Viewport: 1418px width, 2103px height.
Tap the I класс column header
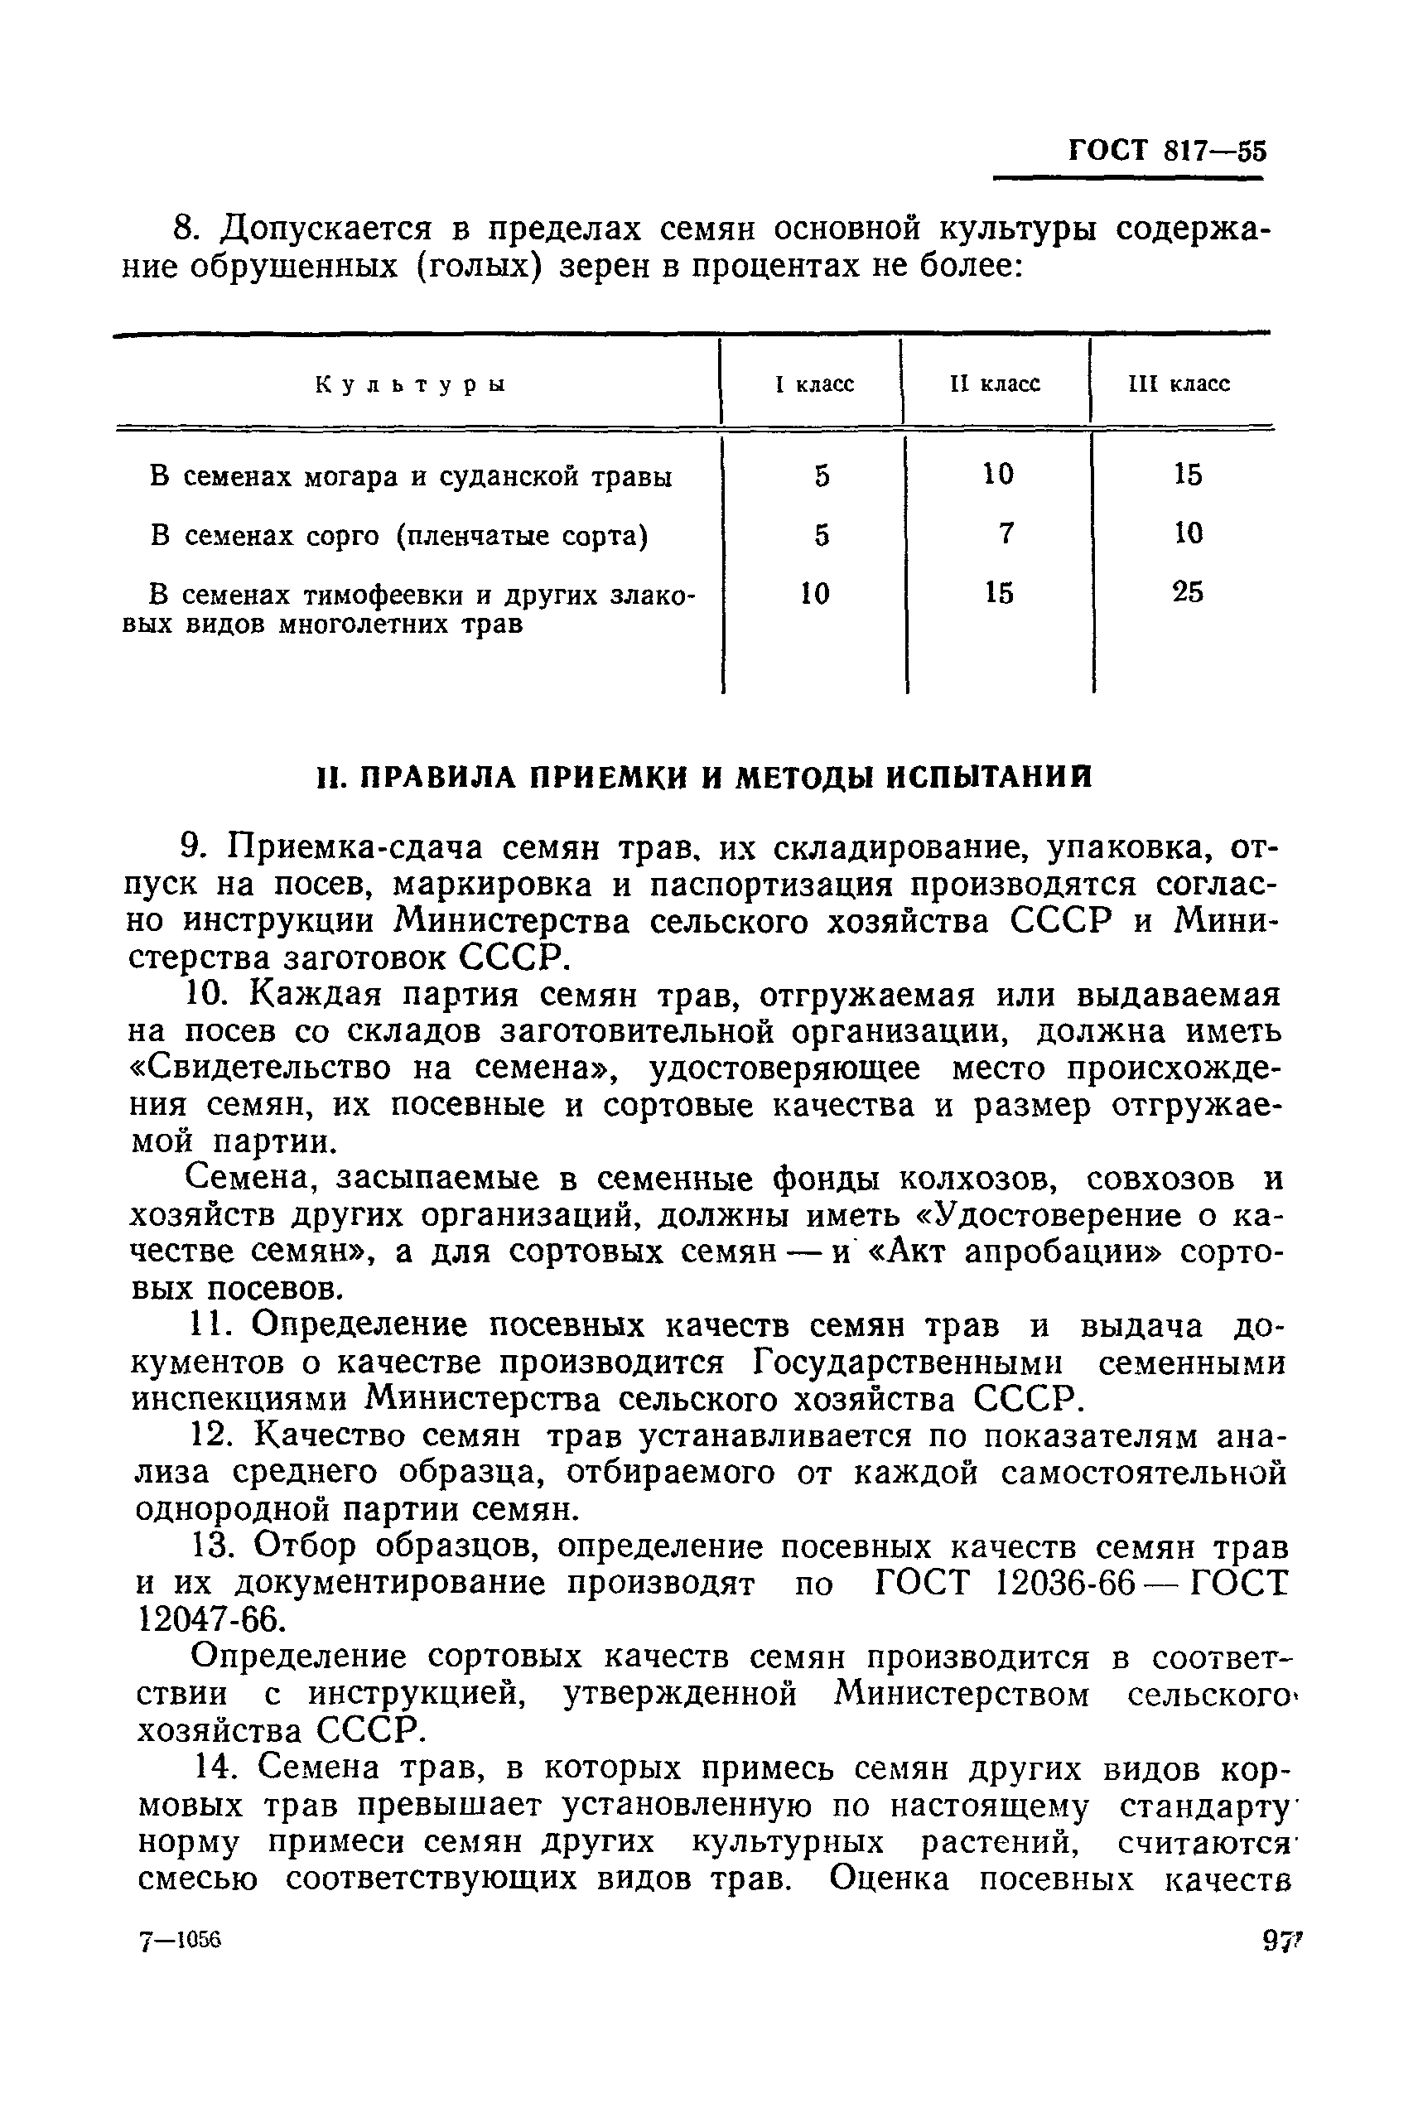click(x=815, y=384)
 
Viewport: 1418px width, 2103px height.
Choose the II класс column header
click(x=995, y=384)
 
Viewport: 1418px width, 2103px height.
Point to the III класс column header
click(x=1179, y=384)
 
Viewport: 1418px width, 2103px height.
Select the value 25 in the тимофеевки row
click(x=1188, y=592)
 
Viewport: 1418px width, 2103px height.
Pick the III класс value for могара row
click(x=1188, y=475)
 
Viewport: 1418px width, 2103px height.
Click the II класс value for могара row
click(x=998, y=474)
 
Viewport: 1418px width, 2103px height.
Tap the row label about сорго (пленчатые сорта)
click(x=399, y=536)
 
